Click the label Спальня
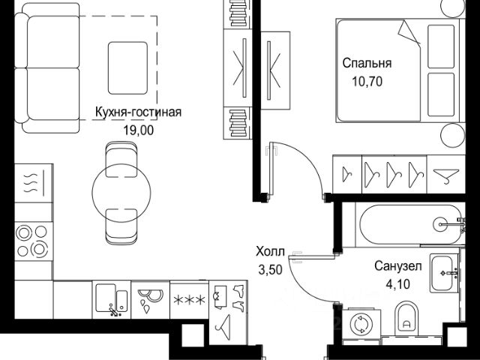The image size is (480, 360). pos(367,63)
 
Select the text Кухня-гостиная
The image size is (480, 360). pos(138,113)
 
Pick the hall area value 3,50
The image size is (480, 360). pos(269,270)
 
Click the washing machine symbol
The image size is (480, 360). pos(361,323)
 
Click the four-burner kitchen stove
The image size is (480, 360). pos(31,241)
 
